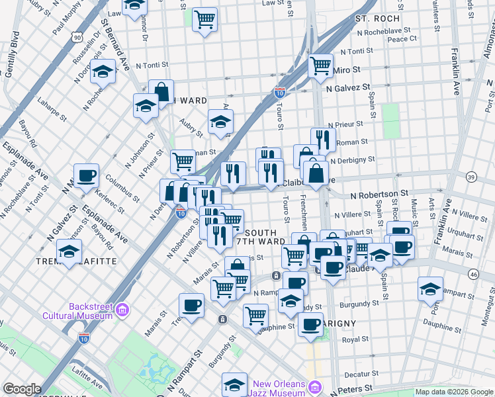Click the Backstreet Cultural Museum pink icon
click(x=122, y=310)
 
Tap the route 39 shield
click(x=471, y=177)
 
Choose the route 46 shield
click(x=472, y=273)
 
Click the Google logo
click(x=22, y=389)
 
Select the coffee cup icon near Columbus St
click(x=86, y=176)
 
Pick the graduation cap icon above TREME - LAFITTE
click(x=69, y=251)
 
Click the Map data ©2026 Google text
click(x=453, y=392)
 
